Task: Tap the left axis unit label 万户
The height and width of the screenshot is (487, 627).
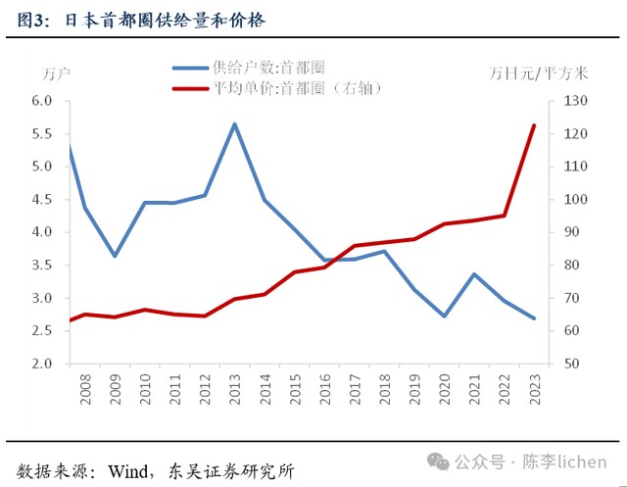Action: click(x=57, y=74)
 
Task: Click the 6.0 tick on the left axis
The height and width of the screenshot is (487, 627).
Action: click(x=41, y=101)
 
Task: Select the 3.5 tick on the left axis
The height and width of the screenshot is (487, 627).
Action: click(x=41, y=266)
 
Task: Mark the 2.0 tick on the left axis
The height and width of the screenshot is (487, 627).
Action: click(x=41, y=364)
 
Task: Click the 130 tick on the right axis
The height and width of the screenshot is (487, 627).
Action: click(x=574, y=101)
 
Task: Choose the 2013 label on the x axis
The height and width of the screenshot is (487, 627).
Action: click(x=235, y=387)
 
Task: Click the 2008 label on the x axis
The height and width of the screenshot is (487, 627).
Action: click(x=85, y=387)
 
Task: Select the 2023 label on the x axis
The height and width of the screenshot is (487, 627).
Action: click(x=535, y=387)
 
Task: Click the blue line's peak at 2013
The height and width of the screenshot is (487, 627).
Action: click(x=235, y=123)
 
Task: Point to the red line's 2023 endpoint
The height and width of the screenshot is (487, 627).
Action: click(x=534, y=125)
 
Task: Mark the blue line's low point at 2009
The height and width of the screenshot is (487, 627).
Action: click(x=115, y=256)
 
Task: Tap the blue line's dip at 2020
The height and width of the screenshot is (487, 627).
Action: click(x=445, y=316)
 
